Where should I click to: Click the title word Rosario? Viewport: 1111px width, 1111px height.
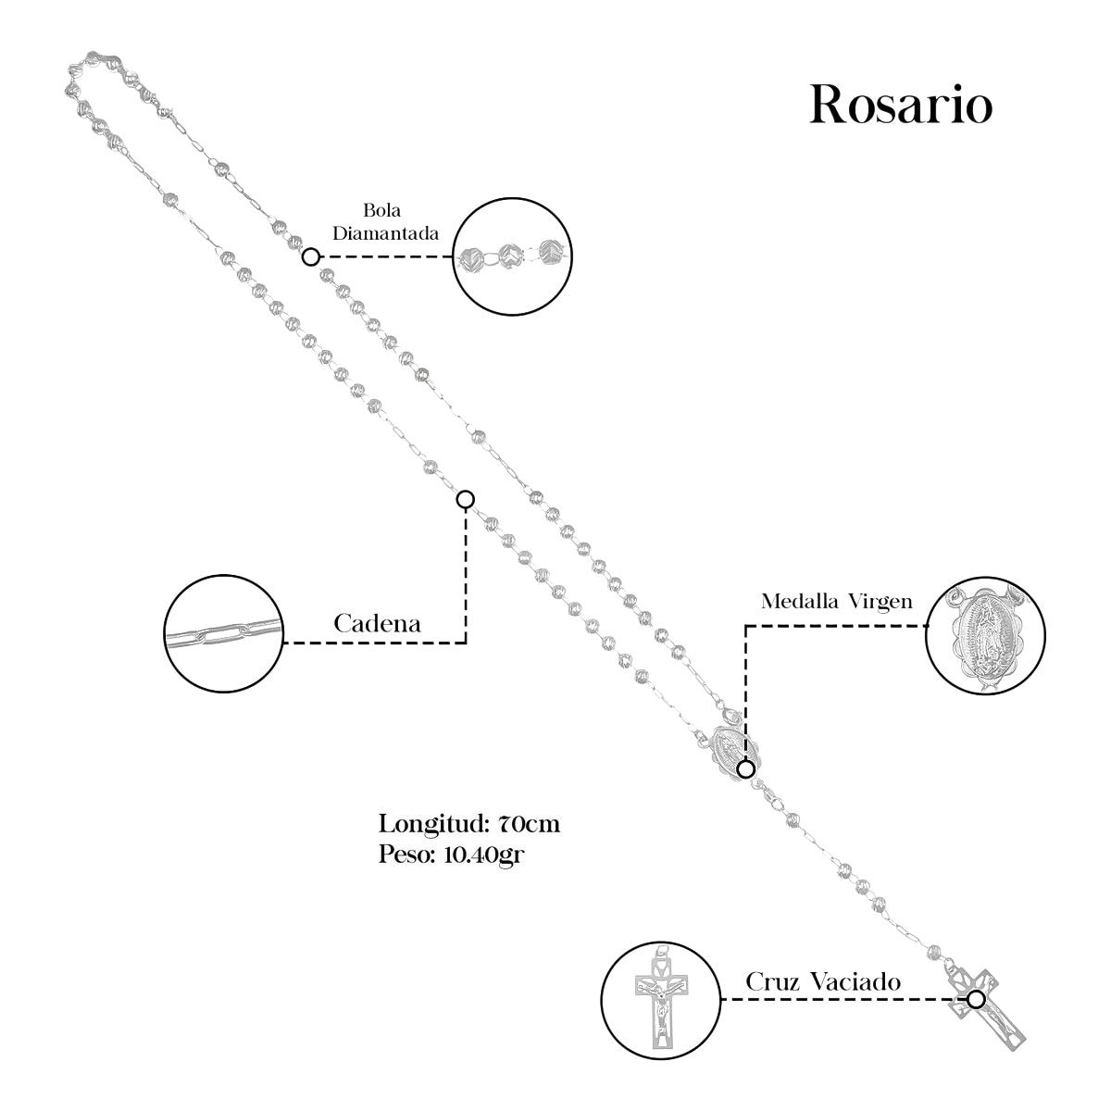point(901,106)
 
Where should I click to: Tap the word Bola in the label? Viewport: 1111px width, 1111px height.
point(383,211)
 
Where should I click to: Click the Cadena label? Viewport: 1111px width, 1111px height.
point(377,624)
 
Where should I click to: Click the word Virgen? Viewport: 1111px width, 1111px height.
point(880,602)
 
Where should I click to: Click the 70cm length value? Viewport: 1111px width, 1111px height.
point(529,823)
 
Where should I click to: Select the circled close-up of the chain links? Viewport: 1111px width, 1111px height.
point(222,633)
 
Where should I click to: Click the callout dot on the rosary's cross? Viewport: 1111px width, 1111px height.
point(976,999)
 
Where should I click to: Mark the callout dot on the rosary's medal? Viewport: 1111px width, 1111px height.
point(746,768)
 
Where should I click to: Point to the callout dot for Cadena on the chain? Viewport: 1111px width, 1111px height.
point(466,499)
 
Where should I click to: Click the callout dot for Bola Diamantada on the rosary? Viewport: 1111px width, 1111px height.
point(312,256)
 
